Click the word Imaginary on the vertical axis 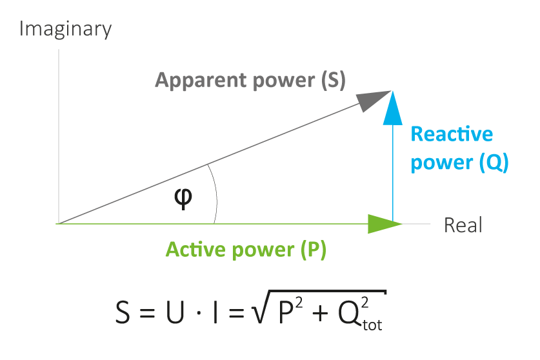click(x=66, y=30)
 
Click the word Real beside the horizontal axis click(x=463, y=226)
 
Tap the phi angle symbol click(x=184, y=197)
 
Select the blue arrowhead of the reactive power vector click(x=392, y=108)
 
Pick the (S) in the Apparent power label click(x=333, y=81)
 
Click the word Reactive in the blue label click(x=451, y=134)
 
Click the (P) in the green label click(x=314, y=250)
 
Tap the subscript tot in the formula click(x=372, y=325)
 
